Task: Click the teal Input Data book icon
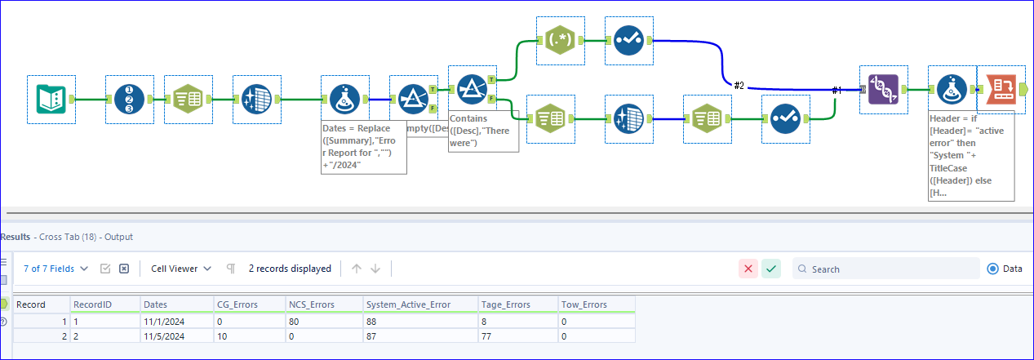click(51, 99)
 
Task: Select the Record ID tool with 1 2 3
click(129, 99)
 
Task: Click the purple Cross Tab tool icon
click(884, 90)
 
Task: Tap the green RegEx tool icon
click(561, 40)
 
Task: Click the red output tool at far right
click(1001, 90)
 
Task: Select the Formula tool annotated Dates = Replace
click(344, 99)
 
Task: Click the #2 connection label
click(739, 85)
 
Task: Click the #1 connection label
click(836, 90)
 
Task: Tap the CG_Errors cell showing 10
click(222, 336)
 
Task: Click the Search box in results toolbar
click(890, 269)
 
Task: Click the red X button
click(748, 269)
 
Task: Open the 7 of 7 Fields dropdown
click(55, 269)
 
